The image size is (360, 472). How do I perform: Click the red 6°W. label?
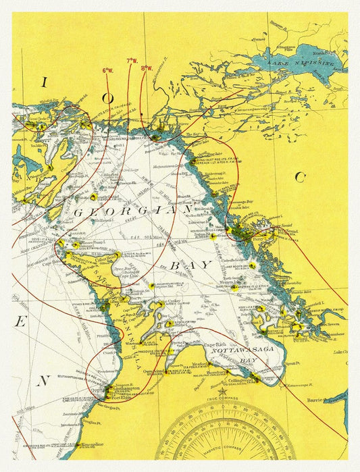(108, 70)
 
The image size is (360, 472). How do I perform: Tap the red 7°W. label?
(131, 61)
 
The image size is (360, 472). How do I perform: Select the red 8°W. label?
(147, 68)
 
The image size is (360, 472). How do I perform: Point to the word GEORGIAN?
(133, 211)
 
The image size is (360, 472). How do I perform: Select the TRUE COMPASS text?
(222, 400)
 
